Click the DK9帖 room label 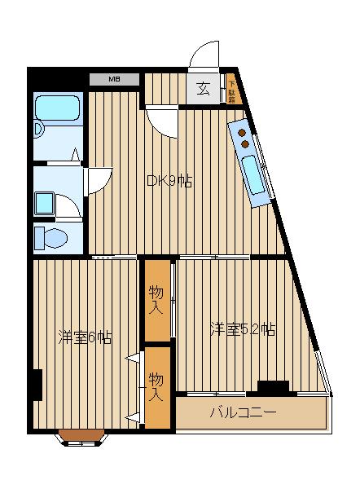pyautogui.click(x=169, y=182)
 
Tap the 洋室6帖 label pyautogui.click(x=85, y=337)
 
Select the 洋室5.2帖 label pyautogui.click(x=242, y=329)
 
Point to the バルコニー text pyautogui.click(x=243, y=412)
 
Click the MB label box pyautogui.click(x=115, y=79)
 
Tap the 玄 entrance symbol pyautogui.click(x=202, y=89)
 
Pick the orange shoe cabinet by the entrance pyautogui.click(x=231, y=89)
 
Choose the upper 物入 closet pyautogui.click(x=157, y=299)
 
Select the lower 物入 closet pyautogui.click(x=157, y=387)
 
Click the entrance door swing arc pyautogui.click(x=204, y=57)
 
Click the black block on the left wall pyautogui.click(x=37, y=385)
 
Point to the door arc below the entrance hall pyautogui.click(x=163, y=122)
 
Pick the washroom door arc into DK pyautogui.click(x=94, y=179)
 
